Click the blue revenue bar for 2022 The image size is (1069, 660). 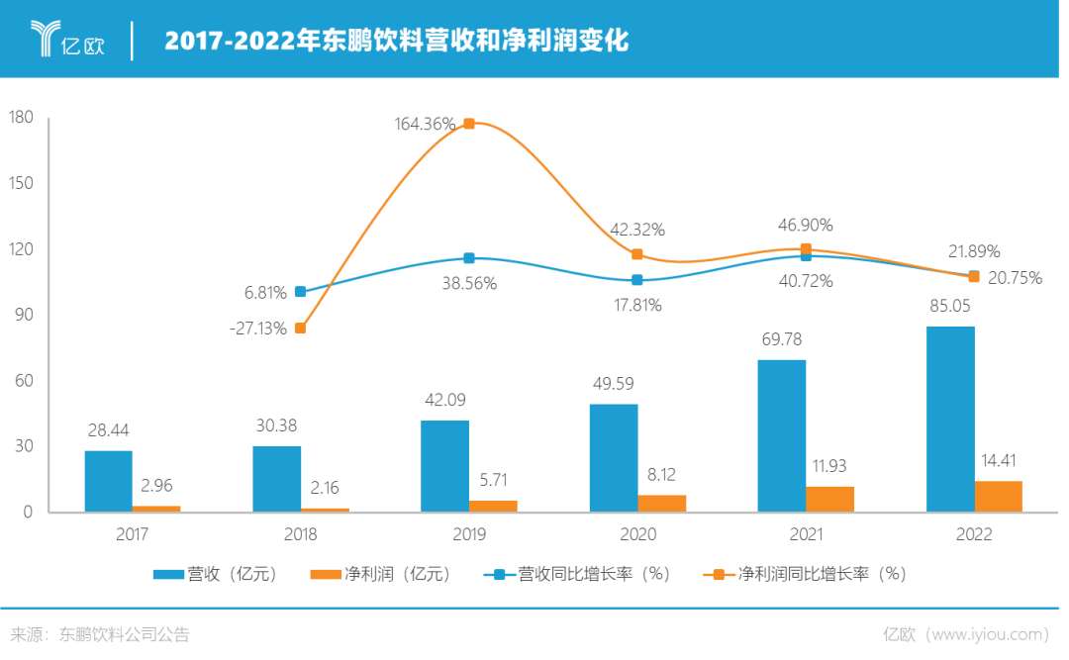950,418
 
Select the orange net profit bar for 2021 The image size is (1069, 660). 830,499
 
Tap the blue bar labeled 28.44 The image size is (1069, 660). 108,481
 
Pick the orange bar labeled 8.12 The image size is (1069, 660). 662,503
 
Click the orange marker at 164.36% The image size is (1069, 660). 469,124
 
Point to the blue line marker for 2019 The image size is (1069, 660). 469,258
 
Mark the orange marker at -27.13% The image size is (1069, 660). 300,329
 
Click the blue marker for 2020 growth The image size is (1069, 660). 637,280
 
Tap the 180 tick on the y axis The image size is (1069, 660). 22,118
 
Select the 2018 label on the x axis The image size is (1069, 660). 300,534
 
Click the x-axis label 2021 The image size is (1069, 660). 806,534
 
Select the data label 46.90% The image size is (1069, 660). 806,226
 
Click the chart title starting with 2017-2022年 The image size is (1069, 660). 396,41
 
